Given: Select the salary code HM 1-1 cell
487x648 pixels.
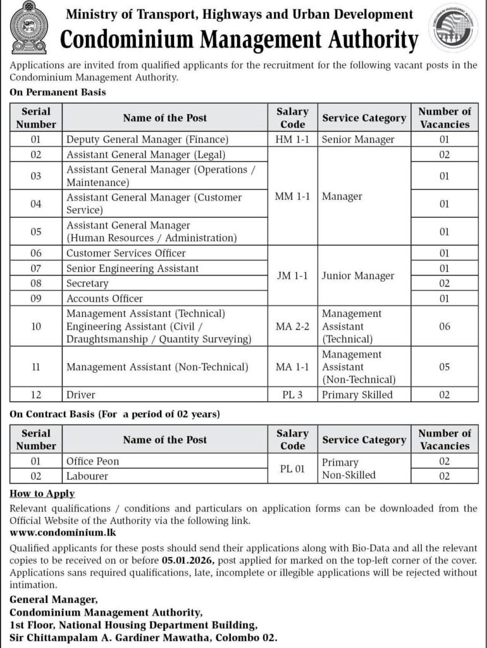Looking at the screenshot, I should pyautogui.click(x=292, y=139).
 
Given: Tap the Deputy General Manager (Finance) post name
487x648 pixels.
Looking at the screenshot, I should pyautogui.click(x=147, y=139).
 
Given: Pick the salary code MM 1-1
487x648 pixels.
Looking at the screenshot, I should pyautogui.click(x=292, y=196).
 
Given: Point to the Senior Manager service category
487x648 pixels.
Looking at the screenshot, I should pyautogui.click(x=358, y=139).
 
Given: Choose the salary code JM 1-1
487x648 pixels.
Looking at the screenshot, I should pyautogui.click(x=292, y=275).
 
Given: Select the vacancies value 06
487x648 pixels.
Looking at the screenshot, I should pyautogui.click(x=444, y=326).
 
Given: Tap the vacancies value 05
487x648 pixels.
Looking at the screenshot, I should pyautogui.click(x=444, y=366).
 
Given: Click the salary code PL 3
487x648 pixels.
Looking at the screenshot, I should pyautogui.click(x=292, y=395).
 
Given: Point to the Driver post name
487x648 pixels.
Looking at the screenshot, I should pyautogui.click(x=81, y=395).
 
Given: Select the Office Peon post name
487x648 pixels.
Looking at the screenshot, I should pyautogui.click(x=92, y=461).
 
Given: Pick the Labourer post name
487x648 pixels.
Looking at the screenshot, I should pyautogui.click(x=87, y=475).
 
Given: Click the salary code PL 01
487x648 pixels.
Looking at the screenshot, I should pyautogui.click(x=292, y=468).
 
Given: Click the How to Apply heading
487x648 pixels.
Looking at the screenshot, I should pyautogui.click(x=43, y=494).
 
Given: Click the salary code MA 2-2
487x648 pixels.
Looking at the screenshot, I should pyautogui.click(x=292, y=326).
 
